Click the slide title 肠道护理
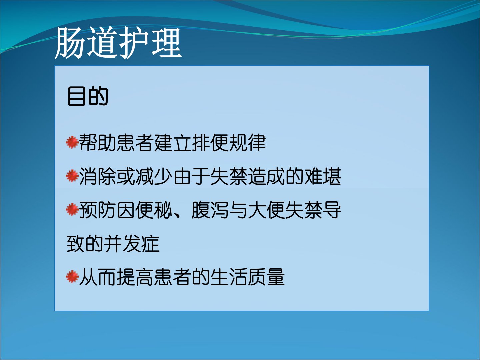point(118,43)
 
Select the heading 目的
point(88,96)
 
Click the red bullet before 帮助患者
point(72,142)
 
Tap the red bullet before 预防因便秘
point(72,210)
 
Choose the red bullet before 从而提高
point(72,277)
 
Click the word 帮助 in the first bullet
point(98,143)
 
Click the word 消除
point(98,176)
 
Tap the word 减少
point(154,176)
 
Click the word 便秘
point(154,210)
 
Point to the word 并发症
point(132,243)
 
